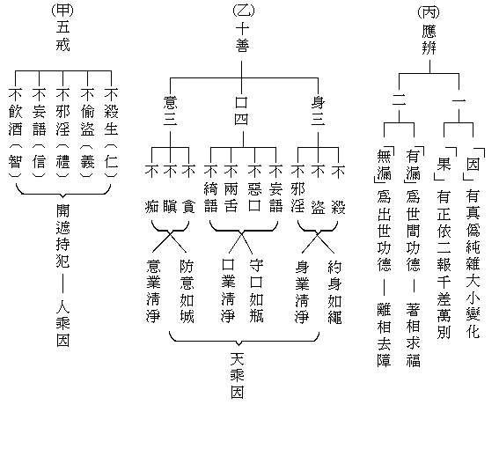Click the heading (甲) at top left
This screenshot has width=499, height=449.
click(62, 11)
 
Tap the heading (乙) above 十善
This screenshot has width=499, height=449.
click(243, 11)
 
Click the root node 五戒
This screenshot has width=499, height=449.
click(62, 33)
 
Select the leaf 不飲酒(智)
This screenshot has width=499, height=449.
click(15, 135)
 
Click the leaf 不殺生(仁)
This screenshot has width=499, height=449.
click(111, 135)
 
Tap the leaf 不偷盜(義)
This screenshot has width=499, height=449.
click(87, 135)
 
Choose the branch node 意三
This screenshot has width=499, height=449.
click(171, 110)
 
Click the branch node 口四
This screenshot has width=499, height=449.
click(243, 110)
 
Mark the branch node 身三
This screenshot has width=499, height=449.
click(319, 110)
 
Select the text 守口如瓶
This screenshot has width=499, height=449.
click(256, 289)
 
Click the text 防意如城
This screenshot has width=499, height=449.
click(186, 289)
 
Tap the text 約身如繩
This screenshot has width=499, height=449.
click(334, 289)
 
